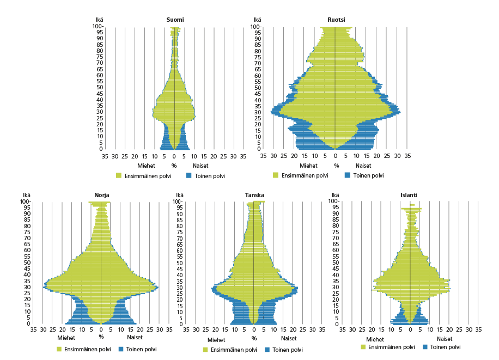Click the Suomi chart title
175,20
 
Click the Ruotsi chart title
336,20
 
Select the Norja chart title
101,195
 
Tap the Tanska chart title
253,195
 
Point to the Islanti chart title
410,195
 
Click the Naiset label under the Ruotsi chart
363,166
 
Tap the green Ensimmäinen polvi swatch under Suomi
119,176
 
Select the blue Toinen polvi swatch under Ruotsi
347,175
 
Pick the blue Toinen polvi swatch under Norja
121,349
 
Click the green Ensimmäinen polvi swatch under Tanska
206,350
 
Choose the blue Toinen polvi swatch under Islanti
425,346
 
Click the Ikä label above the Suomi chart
99,20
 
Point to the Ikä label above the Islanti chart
336,195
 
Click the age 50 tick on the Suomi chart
100,88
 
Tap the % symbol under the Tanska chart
254,338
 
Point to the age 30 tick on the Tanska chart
178,287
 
